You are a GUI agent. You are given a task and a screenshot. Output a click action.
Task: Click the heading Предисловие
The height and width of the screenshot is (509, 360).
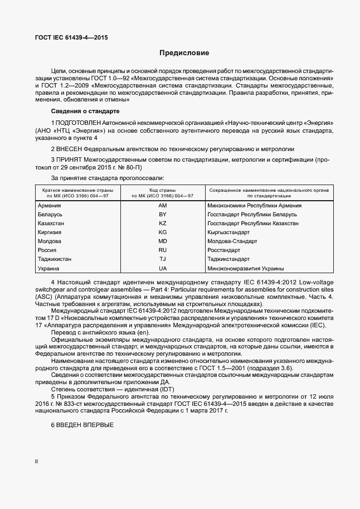click(184, 54)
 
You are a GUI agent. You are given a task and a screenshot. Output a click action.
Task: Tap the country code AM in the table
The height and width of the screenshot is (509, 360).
click(163, 206)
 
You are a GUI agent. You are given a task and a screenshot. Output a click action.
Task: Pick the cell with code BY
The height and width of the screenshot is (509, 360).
click(163, 215)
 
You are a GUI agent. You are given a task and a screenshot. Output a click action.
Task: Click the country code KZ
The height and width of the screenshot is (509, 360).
click(163, 224)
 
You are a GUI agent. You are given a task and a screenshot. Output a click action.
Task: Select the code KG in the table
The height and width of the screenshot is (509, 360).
click(163, 232)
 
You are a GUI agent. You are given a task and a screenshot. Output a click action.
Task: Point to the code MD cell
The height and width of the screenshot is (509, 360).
click(163, 241)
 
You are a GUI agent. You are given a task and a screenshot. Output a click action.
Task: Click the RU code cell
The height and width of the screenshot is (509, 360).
click(163, 250)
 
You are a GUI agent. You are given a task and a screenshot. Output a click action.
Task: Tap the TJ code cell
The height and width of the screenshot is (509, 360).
click(163, 259)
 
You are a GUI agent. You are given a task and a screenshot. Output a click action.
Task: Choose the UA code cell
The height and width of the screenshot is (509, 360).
click(163, 268)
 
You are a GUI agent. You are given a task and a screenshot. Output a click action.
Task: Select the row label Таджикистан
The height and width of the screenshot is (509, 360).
click(55, 259)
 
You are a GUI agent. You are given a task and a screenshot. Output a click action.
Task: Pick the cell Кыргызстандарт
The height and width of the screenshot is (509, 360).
click(229, 232)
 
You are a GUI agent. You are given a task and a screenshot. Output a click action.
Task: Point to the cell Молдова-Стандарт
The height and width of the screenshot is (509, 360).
click(232, 241)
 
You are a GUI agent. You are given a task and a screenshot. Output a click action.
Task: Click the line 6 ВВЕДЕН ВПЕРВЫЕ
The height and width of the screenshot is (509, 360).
click(82, 425)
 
